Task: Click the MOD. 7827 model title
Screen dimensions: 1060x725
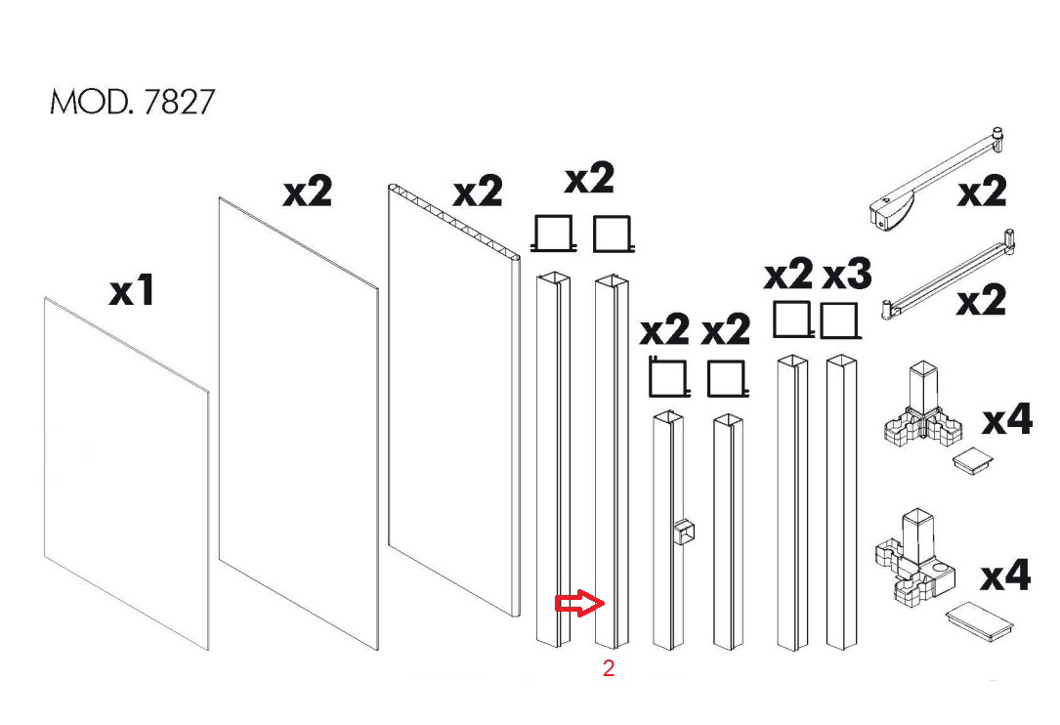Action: coord(133,102)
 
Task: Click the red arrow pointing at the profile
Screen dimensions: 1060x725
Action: coord(579,603)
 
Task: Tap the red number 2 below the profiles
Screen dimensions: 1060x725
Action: coord(609,668)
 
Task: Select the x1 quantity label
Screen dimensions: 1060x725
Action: coord(133,291)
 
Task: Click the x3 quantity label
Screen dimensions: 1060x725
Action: coord(847,275)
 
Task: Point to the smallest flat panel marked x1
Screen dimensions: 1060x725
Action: coord(126,474)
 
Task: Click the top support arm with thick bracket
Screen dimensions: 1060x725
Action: coord(935,175)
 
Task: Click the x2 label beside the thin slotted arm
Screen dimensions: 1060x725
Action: coord(981,300)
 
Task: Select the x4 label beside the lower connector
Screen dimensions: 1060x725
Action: coord(1006,576)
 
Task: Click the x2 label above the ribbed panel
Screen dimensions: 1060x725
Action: coord(478,192)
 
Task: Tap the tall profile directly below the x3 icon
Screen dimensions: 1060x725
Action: coord(841,501)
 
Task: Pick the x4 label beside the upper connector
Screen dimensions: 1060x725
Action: coord(1007,419)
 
